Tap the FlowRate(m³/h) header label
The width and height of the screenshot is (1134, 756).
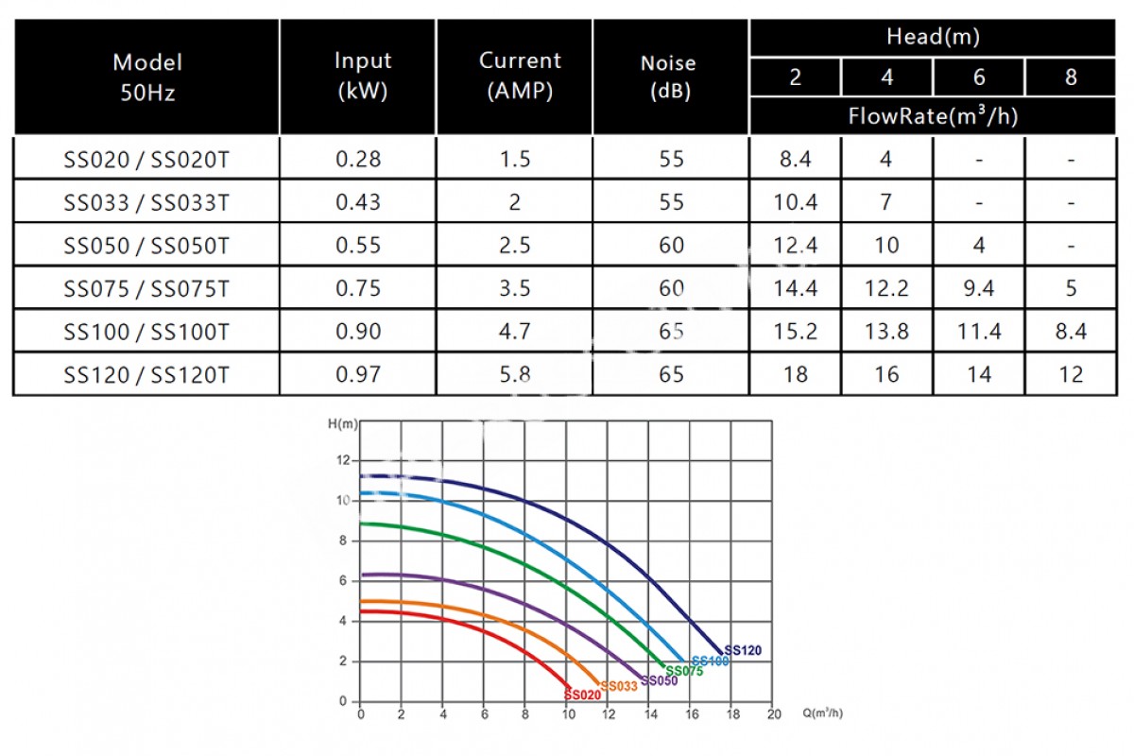point(932,117)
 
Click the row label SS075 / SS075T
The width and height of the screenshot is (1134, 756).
point(146,288)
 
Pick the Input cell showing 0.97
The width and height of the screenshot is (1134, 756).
point(358,374)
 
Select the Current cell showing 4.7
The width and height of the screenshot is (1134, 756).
point(514,332)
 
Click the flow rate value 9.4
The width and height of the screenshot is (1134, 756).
point(978,288)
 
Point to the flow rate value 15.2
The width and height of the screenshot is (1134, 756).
point(795,332)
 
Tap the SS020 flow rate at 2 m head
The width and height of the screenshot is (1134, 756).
point(795,159)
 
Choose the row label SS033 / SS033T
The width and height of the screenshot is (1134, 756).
point(146,202)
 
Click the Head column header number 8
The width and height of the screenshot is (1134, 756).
point(1070,77)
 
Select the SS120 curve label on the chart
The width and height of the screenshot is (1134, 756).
point(742,651)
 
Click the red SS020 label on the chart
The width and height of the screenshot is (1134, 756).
point(582,695)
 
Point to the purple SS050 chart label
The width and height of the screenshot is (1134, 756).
point(659,680)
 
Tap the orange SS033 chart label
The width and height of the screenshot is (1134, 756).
point(619,686)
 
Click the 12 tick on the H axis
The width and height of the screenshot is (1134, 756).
point(341,460)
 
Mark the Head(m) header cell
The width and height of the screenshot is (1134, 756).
point(932,38)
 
